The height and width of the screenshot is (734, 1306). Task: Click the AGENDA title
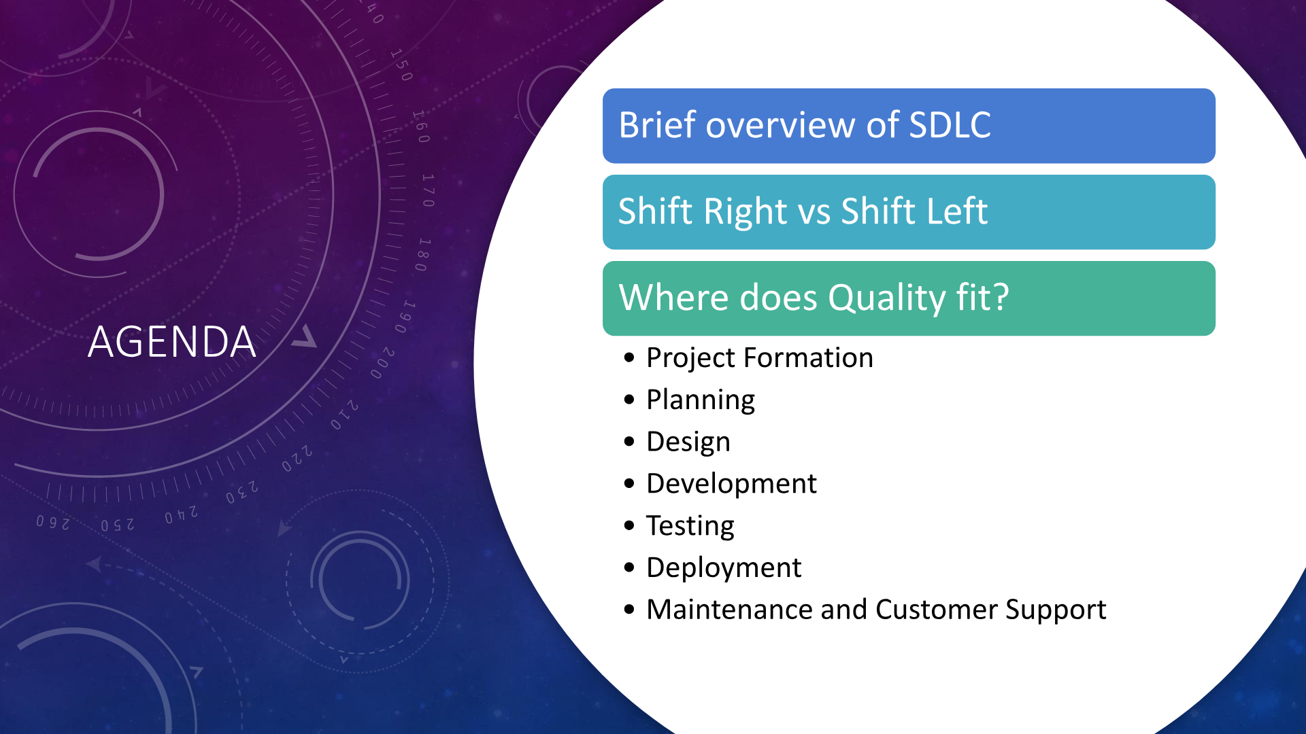pos(172,341)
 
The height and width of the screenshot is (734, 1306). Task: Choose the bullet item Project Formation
pos(759,358)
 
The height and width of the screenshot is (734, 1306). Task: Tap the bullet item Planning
pos(701,400)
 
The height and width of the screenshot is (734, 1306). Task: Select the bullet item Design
pos(688,442)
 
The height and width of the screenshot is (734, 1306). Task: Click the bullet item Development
pos(731,484)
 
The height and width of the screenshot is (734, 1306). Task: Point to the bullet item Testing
pos(690,527)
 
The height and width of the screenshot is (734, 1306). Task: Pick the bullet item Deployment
pos(724,568)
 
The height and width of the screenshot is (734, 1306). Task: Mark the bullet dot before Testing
pos(629,525)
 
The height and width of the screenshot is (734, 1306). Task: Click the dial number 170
pos(428,190)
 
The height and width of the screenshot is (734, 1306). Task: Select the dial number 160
pos(420,126)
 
